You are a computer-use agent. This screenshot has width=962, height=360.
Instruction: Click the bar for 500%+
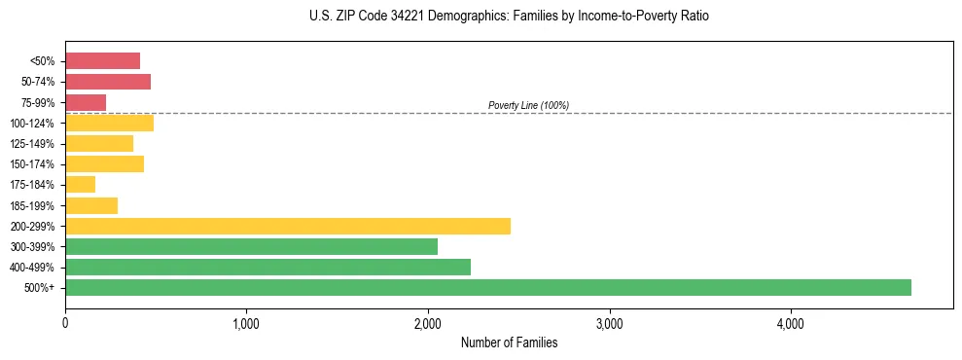tap(487, 287)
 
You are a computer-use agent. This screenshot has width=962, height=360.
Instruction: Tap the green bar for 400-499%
tap(267, 267)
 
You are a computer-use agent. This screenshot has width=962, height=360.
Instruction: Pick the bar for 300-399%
tap(251, 246)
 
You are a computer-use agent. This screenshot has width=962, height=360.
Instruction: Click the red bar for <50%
tap(102, 61)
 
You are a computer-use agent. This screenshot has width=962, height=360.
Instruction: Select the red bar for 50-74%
tap(108, 82)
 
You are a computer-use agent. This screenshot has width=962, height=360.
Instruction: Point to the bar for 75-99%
tap(86, 102)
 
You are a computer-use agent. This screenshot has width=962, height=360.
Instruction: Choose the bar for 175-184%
tap(80, 184)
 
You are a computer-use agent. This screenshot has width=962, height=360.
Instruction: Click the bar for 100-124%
tap(109, 123)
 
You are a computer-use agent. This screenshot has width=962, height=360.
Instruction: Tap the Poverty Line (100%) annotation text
tap(528, 105)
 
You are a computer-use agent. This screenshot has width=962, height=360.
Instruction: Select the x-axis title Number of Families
tap(509, 342)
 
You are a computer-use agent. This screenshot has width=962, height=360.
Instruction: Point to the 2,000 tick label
tap(428, 323)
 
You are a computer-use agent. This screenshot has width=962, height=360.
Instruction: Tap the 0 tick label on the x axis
tap(65, 323)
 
